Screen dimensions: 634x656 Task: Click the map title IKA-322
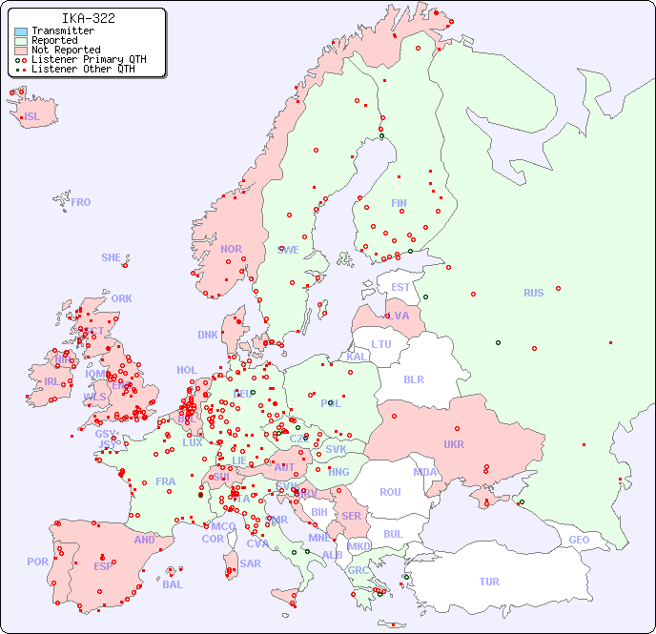click(88, 18)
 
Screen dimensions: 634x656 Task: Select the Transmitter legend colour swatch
click(21, 31)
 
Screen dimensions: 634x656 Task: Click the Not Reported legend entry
click(65, 50)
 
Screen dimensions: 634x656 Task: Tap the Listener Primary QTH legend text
click(89, 59)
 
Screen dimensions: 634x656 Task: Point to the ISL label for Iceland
click(32, 117)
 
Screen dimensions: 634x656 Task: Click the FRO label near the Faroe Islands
click(81, 202)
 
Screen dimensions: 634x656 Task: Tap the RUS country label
click(533, 293)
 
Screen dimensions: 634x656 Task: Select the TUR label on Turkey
click(489, 582)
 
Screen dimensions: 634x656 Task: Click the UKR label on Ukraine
click(453, 444)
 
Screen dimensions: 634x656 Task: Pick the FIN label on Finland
click(399, 203)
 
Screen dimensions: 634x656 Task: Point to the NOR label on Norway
click(231, 249)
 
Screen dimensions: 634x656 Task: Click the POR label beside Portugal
click(37, 562)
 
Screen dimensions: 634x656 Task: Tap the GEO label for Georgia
click(579, 540)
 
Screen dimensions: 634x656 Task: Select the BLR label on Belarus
click(413, 378)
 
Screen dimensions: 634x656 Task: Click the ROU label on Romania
click(390, 492)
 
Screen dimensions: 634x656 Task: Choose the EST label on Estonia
click(400, 287)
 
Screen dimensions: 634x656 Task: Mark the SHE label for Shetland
click(112, 257)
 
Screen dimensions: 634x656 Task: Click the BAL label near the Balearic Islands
click(173, 584)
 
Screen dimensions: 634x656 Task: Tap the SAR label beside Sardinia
click(250, 563)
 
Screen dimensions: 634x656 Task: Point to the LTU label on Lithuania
click(381, 344)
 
